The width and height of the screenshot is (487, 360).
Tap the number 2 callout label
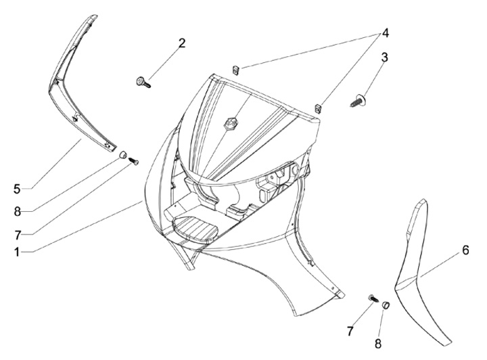pos(182,43)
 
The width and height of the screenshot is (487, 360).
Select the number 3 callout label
pos(384,57)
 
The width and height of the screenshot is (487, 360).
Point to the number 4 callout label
pos(386,32)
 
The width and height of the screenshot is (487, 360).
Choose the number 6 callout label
pos(465,250)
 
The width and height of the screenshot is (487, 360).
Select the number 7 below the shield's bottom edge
pos(350,331)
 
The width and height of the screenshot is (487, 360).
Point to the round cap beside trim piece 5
pos(123,155)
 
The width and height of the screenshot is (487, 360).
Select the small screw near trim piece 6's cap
pos(373,298)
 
